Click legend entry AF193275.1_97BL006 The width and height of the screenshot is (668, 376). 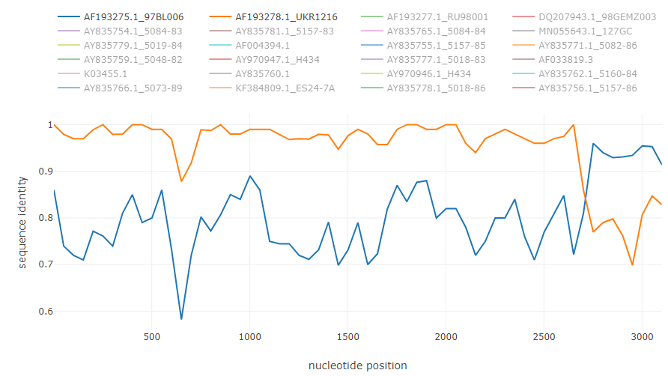(x=133, y=16)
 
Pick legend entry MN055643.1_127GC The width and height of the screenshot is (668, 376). (x=580, y=31)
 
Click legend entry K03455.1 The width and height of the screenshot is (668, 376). (x=106, y=73)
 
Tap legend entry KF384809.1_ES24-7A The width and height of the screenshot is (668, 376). (x=285, y=88)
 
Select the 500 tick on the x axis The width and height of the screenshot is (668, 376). (x=152, y=337)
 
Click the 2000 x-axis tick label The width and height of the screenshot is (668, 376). (x=446, y=337)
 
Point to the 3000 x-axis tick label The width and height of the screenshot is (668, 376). (x=642, y=337)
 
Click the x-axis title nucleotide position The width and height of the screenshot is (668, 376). (x=358, y=366)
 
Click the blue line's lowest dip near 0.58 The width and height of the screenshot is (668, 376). (x=181, y=319)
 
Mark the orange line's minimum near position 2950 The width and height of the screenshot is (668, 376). (x=633, y=264)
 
